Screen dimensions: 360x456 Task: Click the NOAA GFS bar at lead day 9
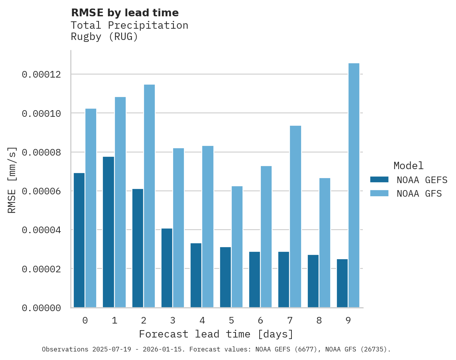click(x=354, y=185)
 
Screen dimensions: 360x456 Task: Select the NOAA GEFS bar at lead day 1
click(x=108, y=232)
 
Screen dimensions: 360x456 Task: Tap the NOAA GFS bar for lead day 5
click(x=237, y=247)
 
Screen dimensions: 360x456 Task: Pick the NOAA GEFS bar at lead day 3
click(x=167, y=268)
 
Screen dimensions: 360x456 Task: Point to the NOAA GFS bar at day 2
click(x=149, y=196)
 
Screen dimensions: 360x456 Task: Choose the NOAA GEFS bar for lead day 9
click(x=342, y=283)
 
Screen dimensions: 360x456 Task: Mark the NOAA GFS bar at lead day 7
click(x=295, y=216)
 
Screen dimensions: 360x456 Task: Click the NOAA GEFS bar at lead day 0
click(x=79, y=240)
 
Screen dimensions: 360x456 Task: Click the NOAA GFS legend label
click(x=419, y=194)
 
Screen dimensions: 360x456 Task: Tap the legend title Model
click(x=408, y=166)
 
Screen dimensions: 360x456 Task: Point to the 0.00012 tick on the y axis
click(x=41, y=74)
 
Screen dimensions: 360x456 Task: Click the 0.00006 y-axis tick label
click(x=41, y=191)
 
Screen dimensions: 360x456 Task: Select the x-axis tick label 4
click(x=202, y=321)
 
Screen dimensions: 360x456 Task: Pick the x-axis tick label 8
click(x=319, y=321)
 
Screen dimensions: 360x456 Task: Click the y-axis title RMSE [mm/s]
click(x=12, y=180)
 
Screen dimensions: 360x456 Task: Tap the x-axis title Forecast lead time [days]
click(x=216, y=334)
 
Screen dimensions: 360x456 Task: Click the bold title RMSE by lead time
click(x=125, y=13)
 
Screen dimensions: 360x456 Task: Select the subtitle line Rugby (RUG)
click(x=104, y=37)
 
